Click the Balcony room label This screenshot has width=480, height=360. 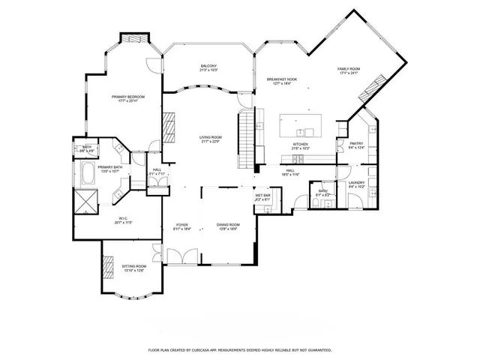pos(208,66)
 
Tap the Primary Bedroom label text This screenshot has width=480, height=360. pos(128,97)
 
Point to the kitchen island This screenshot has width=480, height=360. pos(301,124)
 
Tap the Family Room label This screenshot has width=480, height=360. pos(349,69)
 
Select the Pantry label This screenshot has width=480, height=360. pos(355,144)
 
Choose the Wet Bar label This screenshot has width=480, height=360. pos(262,195)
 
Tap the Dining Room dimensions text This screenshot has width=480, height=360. pos(228,229)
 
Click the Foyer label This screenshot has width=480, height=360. pos(181,224)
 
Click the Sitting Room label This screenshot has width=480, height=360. pos(133,266)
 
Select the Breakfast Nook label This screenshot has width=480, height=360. pos(282,79)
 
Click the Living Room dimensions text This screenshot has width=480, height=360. pos(210,142)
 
